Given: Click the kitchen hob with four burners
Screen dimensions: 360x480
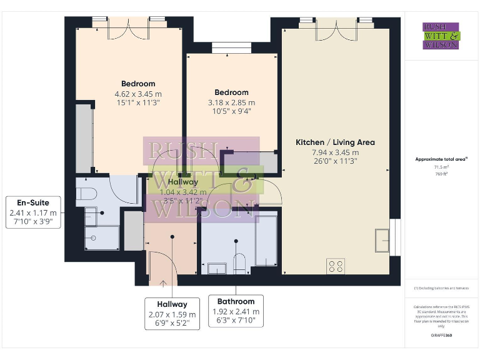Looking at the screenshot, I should (x=336, y=266).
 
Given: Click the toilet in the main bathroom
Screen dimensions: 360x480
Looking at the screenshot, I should (x=238, y=262).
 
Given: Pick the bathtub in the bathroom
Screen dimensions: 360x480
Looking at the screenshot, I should (x=266, y=239).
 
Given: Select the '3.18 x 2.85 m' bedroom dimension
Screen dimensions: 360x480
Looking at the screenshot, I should (x=231, y=102).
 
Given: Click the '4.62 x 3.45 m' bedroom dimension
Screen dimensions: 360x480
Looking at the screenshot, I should (x=138, y=94).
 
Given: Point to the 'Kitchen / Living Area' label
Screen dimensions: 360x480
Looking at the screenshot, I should (x=335, y=142).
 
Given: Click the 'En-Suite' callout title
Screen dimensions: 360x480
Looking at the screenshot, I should (x=34, y=202).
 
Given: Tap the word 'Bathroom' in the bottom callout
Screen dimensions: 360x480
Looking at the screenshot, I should (x=236, y=301).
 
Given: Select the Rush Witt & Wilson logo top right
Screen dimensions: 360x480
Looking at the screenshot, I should (x=441, y=36).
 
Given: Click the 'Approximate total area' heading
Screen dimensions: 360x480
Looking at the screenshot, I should (x=441, y=160).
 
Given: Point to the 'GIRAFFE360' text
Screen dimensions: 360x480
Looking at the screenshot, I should (x=441, y=336).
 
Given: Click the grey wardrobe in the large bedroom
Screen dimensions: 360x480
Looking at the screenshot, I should (x=84, y=139).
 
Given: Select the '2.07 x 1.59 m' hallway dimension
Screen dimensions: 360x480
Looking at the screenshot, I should (x=172, y=314).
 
